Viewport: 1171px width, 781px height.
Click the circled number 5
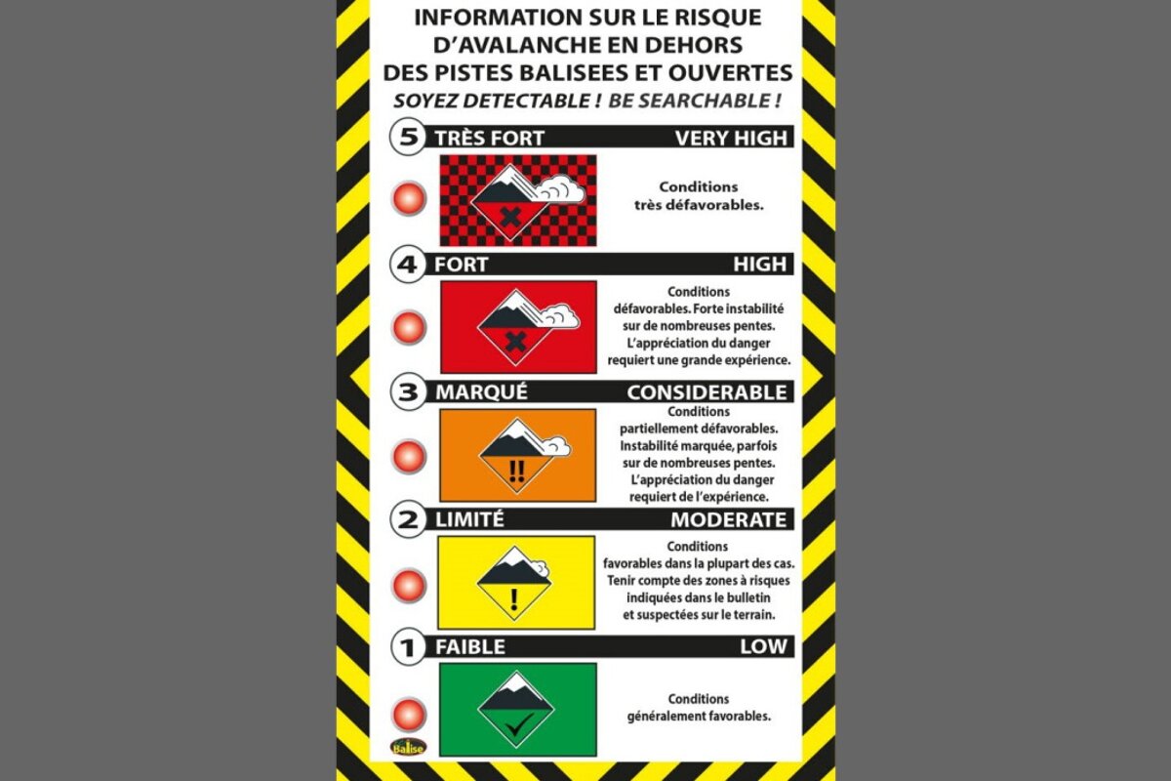407,137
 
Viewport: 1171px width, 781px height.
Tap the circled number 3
407,392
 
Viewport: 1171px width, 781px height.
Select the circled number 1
407,646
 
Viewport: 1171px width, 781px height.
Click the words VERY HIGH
730,138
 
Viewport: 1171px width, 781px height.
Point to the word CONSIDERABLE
707,392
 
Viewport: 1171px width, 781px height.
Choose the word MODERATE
728,519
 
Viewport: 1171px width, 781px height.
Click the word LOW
763,646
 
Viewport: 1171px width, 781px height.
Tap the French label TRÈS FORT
489,138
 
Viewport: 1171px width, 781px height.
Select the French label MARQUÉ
481,392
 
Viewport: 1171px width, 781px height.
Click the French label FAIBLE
470,646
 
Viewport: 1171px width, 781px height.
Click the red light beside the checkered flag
409,199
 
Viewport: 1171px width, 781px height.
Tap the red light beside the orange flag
409,456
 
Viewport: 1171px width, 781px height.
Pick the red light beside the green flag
409,714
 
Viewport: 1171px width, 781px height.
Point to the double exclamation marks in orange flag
516,472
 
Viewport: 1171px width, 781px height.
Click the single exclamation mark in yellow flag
516,596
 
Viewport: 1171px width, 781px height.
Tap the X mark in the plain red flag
516,342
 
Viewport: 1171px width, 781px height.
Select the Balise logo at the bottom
409,747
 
